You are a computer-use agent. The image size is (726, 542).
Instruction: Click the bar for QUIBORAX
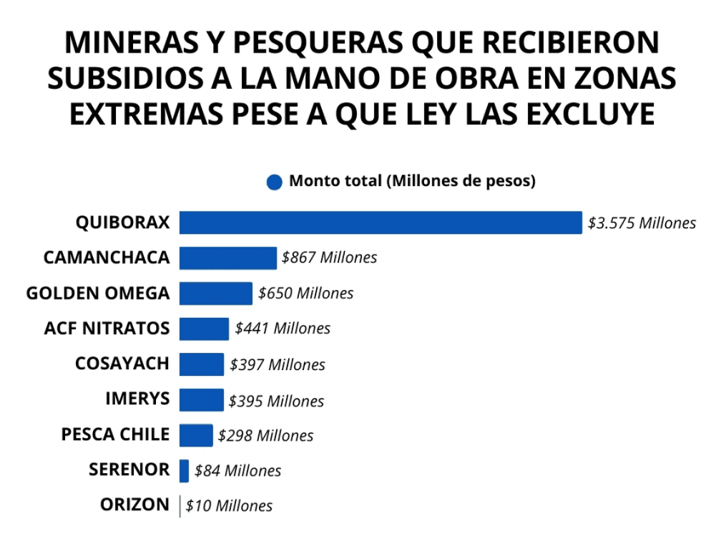[381, 222]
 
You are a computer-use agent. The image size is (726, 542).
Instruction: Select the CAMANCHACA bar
[227, 258]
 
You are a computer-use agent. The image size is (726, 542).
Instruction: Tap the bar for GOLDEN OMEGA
[215, 293]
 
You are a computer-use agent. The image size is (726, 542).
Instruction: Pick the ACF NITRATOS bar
[204, 329]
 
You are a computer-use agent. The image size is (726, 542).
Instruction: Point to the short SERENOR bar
[184, 470]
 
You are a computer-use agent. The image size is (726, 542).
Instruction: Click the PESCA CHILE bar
[196, 435]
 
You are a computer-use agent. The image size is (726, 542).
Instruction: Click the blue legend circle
[274, 182]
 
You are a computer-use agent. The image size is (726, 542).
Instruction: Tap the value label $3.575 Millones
[642, 223]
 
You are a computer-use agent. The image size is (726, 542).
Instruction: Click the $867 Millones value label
[329, 258]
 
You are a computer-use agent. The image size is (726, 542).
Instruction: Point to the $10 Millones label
[229, 505]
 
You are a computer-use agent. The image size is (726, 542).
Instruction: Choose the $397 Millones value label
[278, 364]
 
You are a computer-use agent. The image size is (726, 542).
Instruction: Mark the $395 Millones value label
[276, 401]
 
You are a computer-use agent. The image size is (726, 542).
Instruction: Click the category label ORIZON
[134, 505]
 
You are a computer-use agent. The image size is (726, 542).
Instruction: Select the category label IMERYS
[137, 398]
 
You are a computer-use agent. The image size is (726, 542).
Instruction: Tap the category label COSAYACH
[122, 363]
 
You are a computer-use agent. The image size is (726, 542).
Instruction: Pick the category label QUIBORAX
[122, 222]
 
